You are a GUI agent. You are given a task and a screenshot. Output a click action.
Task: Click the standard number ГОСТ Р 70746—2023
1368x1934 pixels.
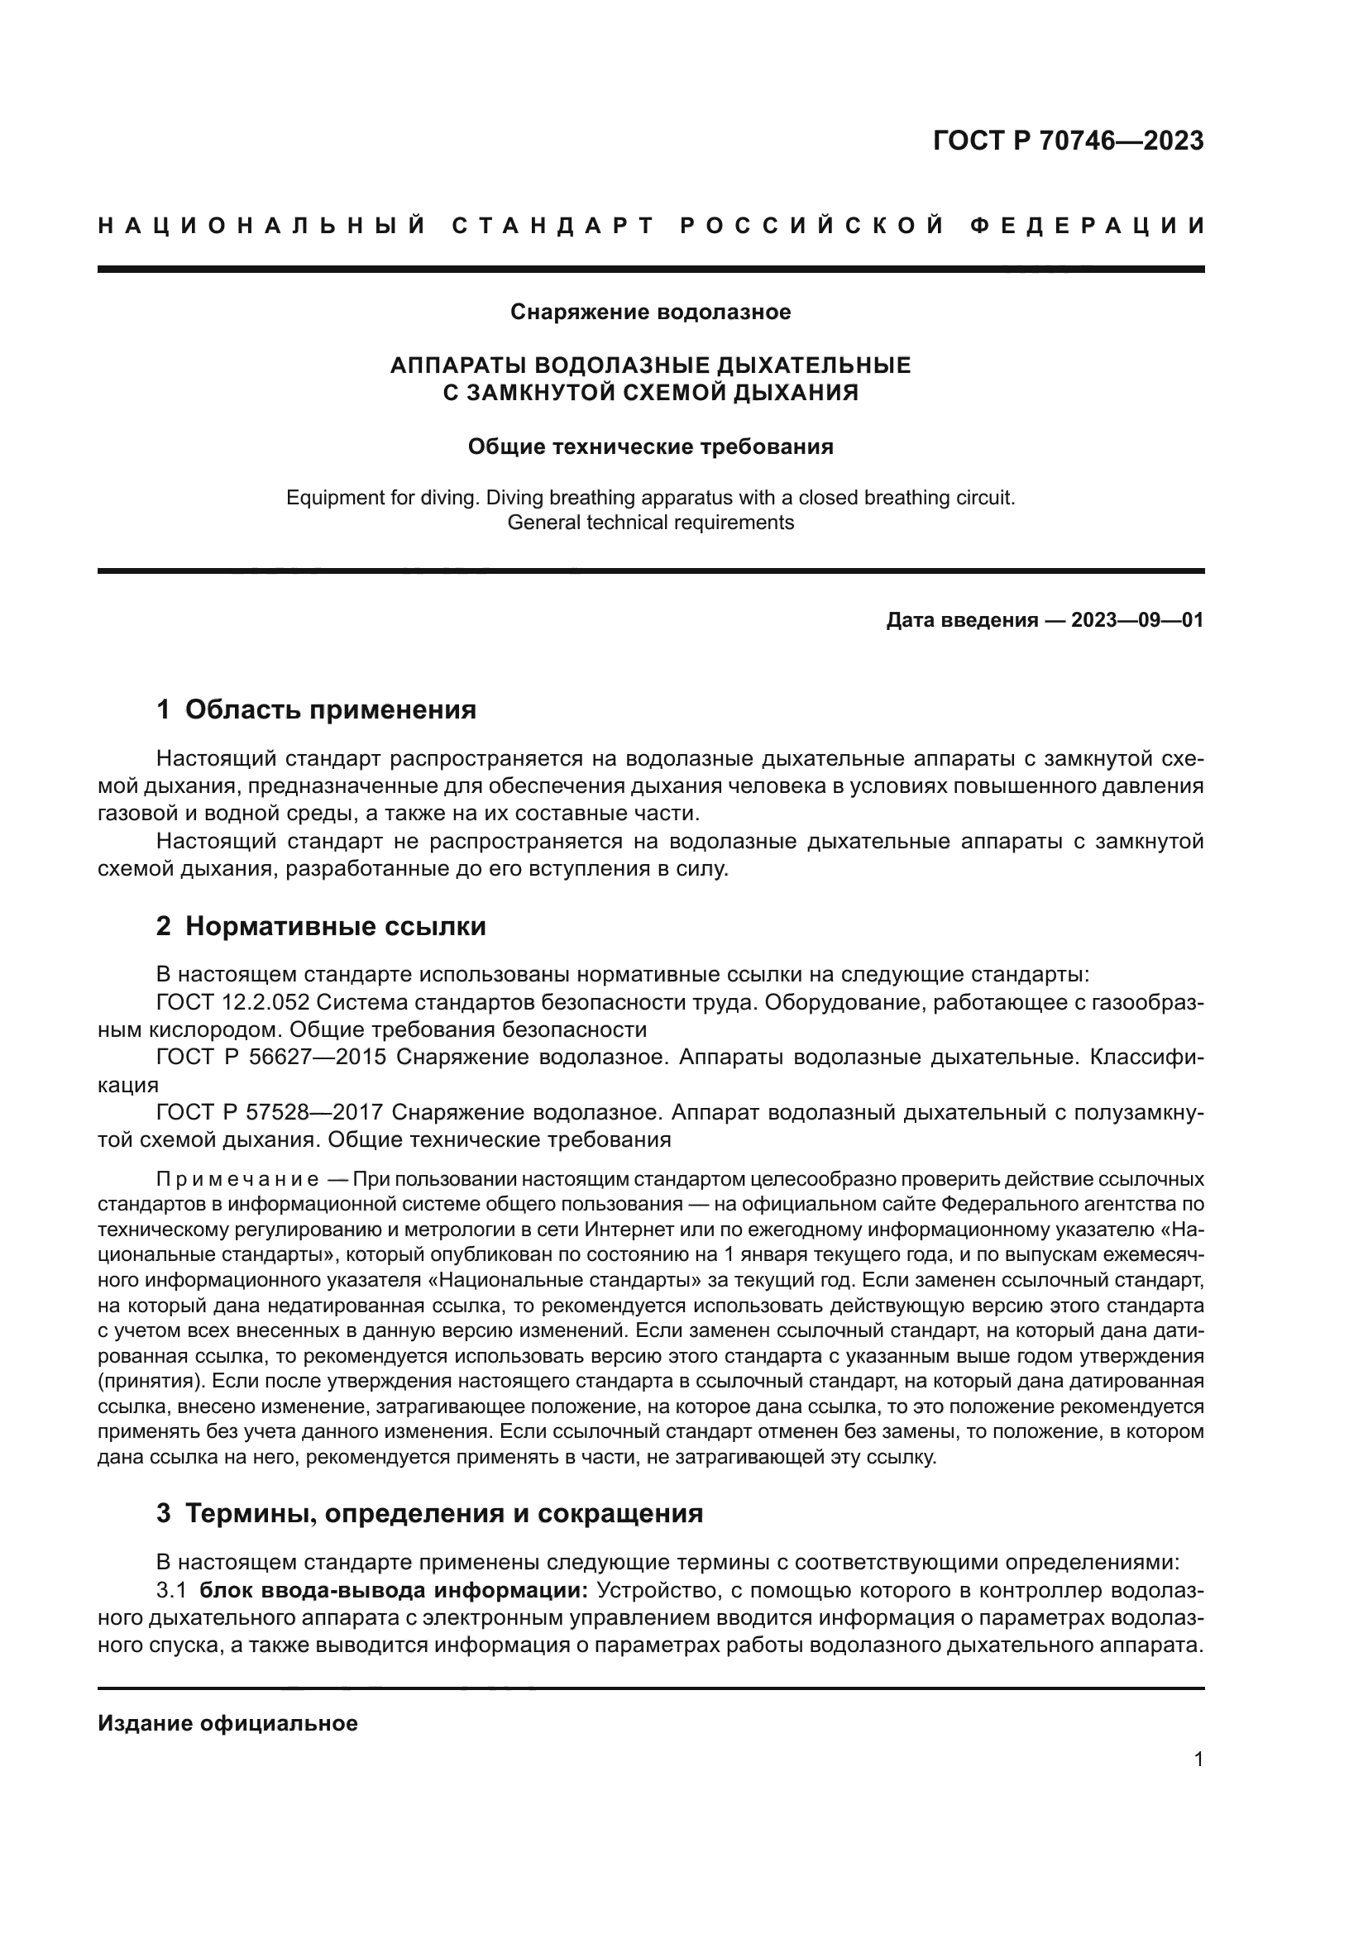[1068, 141]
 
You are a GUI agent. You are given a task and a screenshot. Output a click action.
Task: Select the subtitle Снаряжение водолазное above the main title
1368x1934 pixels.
[650, 313]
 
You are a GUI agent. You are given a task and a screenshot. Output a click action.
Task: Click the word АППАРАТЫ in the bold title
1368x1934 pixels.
[458, 365]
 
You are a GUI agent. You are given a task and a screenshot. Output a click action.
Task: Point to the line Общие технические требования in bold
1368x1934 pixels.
[650, 446]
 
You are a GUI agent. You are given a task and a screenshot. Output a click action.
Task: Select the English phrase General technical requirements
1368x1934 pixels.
[650, 523]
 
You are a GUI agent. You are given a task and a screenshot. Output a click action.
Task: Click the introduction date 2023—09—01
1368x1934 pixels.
[1136, 621]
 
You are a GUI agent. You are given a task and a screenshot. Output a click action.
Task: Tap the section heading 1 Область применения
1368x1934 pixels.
[316, 709]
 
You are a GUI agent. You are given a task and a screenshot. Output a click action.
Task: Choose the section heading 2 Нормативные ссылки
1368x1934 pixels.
[321, 927]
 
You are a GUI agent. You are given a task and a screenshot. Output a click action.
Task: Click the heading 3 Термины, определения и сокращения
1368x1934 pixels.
[429, 1514]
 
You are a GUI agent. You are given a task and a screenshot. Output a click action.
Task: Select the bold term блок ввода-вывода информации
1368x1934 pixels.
[395, 1591]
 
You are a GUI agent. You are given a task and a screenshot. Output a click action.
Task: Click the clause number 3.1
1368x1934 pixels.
[170, 1591]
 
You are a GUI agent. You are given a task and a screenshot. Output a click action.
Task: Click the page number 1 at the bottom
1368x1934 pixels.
[1198, 1760]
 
